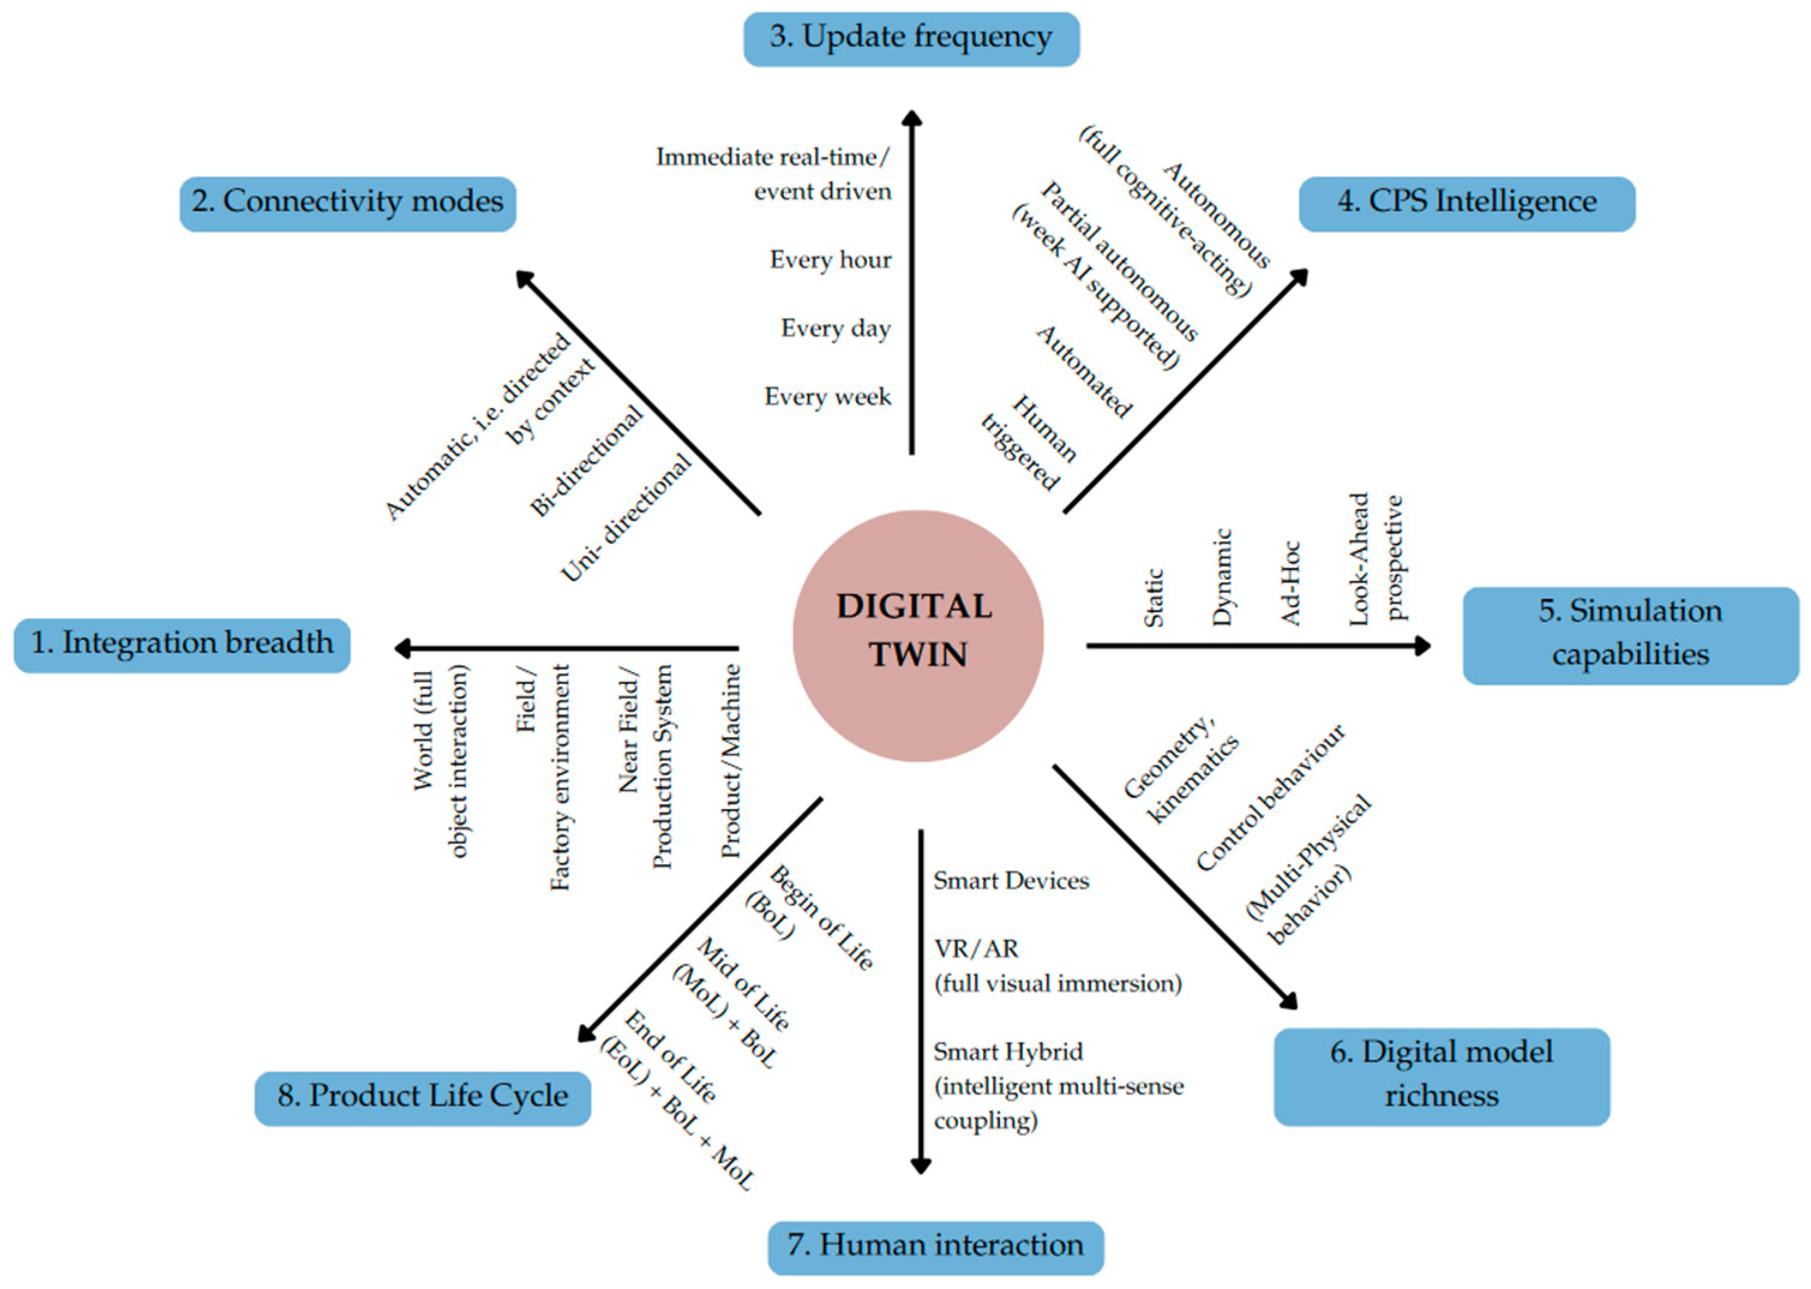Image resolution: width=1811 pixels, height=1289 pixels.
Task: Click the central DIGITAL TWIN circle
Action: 918,635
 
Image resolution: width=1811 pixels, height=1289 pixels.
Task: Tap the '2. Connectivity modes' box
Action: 347,203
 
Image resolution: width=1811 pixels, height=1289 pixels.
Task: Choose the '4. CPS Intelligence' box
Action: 1466,203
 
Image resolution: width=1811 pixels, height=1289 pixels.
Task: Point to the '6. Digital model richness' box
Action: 1441,1075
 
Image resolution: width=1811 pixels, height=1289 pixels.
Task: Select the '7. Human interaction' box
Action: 935,1247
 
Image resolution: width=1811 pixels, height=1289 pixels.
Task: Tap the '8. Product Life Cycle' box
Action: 422,1098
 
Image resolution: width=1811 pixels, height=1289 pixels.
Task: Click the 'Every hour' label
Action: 830,260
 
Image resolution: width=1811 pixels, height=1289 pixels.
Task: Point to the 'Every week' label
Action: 827,397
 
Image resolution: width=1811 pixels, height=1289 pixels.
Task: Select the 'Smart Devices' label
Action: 1011,881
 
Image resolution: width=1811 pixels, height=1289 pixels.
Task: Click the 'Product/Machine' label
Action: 730,760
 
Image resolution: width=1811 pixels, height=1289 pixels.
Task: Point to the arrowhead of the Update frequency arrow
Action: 912,119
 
